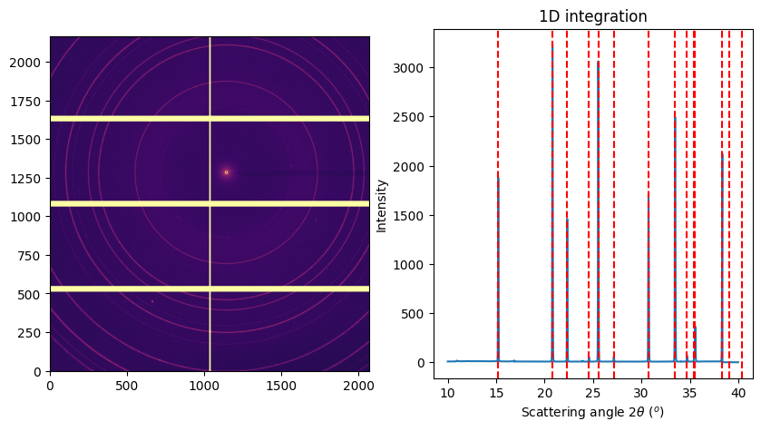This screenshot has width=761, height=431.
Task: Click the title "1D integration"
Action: [x=593, y=16]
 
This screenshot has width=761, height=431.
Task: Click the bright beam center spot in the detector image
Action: [x=226, y=172]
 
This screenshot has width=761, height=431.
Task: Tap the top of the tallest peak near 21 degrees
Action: [x=552, y=41]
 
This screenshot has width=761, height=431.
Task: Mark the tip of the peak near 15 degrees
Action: [x=498, y=177]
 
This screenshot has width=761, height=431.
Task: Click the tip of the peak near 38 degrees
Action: [x=722, y=152]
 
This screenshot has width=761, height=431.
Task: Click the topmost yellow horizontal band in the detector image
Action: [x=210, y=118]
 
